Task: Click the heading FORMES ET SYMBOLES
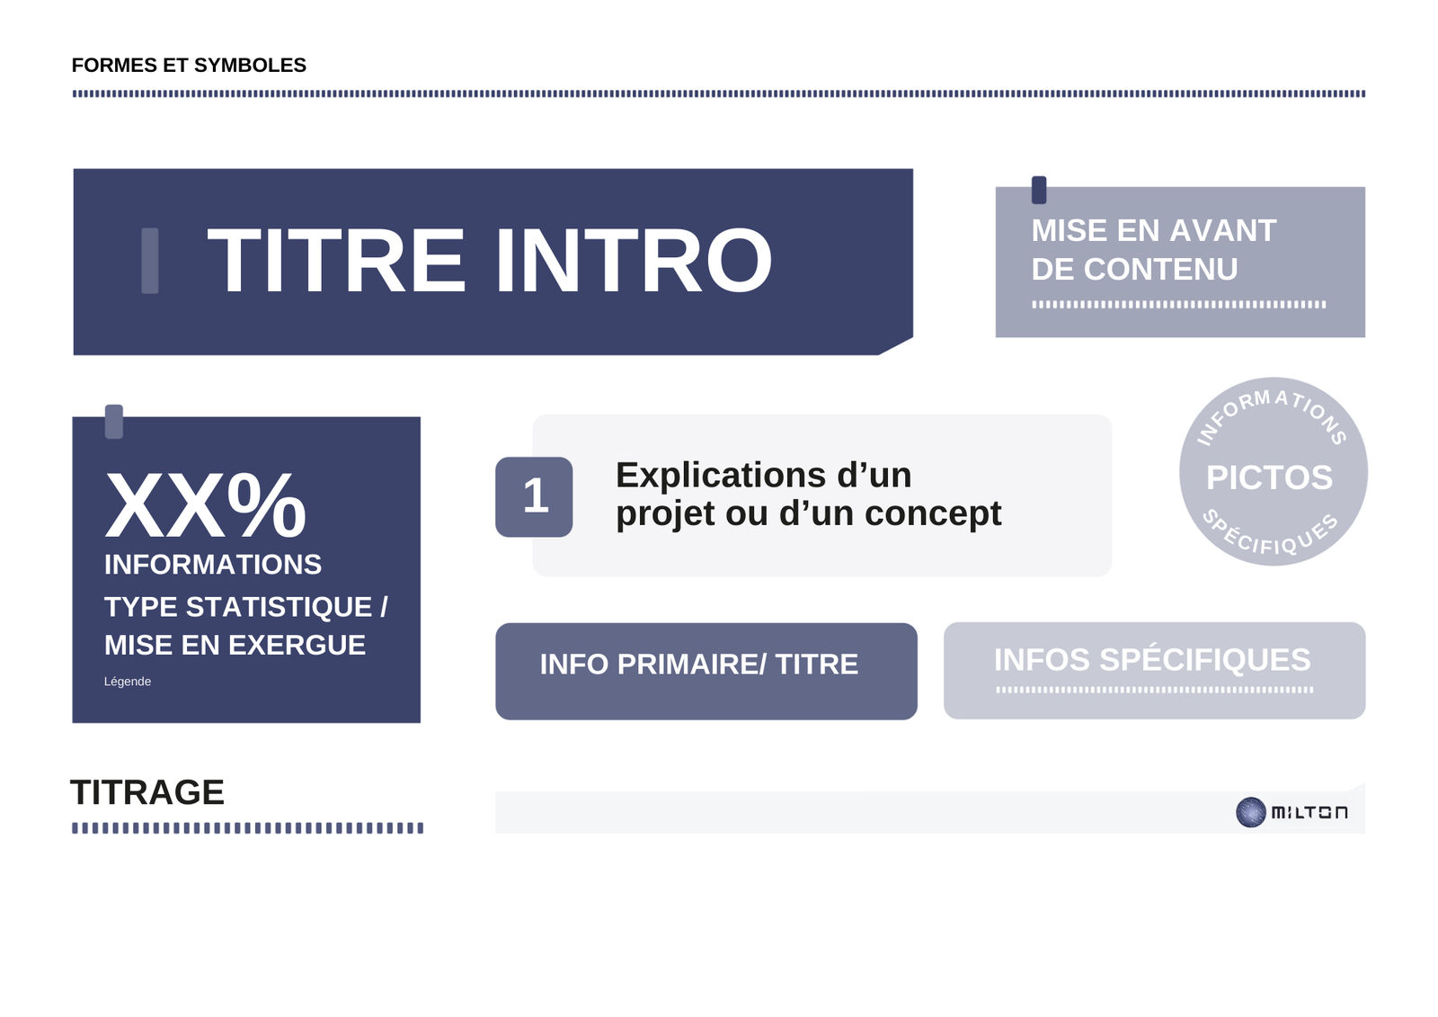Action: (189, 65)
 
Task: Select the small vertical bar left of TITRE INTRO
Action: (149, 260)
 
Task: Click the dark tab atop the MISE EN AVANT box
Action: (1039, 190)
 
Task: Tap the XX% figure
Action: (206, 505)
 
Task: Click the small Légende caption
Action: (127, 681)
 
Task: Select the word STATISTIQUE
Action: (279, 607)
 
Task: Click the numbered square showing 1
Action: (534, 496)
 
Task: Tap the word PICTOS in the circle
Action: (1269, 477)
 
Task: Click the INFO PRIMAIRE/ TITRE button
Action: (706, 671)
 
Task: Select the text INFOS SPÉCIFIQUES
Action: (1152, 660)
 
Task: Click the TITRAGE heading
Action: (147, 792)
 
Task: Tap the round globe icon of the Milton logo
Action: (1250, 812)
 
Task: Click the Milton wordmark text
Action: (1309, 813)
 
